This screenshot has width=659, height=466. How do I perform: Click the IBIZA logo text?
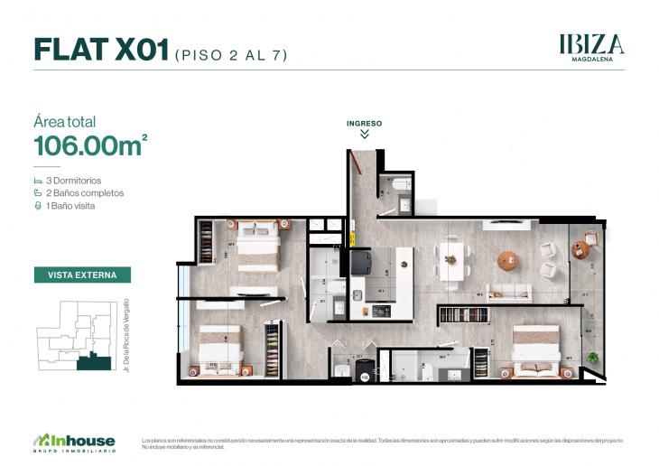591,43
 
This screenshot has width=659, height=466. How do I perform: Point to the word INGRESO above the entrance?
364,122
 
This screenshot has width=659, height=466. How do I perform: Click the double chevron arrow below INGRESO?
364,134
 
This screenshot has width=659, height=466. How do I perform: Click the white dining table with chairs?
451,260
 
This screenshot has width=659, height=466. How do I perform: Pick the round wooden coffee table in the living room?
508,260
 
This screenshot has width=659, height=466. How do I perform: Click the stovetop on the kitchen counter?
383,311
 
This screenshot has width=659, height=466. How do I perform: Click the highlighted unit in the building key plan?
94,363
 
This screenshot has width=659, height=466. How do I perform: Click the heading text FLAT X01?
101,50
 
